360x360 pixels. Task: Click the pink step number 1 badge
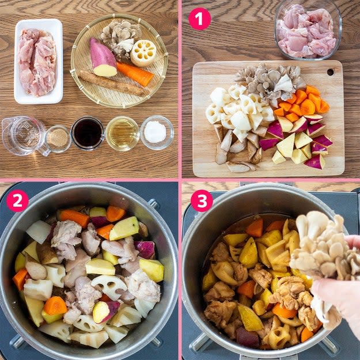click(199, 19)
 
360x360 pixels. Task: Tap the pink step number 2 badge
click(17, 200)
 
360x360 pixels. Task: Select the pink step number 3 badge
click(202, 200)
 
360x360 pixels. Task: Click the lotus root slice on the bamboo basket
click(143, 53)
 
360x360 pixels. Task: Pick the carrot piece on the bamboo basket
click(135, 74)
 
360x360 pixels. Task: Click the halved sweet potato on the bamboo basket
click(103, 58)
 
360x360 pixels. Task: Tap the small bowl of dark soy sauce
click(88, 134)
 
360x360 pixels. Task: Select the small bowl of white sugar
click(157, 132)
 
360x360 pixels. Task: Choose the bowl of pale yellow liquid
click(122, 133)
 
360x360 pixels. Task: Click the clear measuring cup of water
click(24, 136)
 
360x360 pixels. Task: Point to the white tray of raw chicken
click(38, 62)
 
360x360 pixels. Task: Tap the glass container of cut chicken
click(308, 30)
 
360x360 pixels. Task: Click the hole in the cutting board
click(331, 72)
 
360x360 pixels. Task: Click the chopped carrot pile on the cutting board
click(303, 103)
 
